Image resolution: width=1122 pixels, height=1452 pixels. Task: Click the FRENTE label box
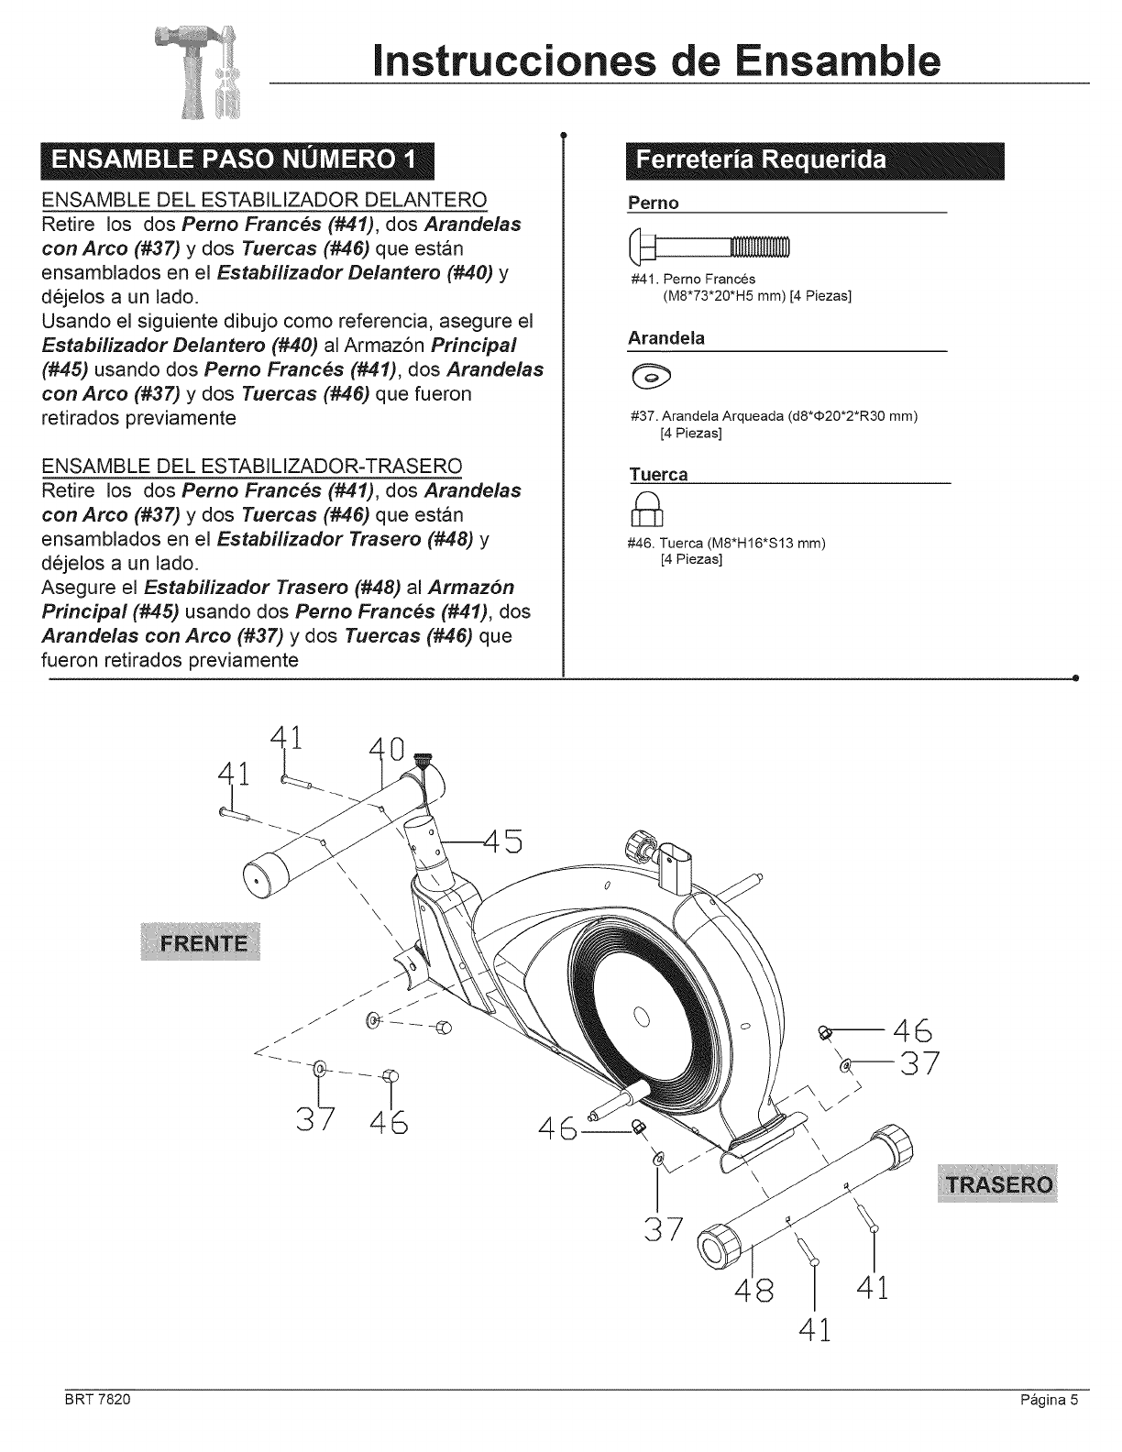point(203,945)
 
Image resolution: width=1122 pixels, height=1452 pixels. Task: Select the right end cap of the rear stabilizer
point(895,1145)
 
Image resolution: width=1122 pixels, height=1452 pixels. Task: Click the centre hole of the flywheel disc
point(642,1016)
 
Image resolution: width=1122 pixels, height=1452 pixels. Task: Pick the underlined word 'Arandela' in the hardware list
point(666,338)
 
